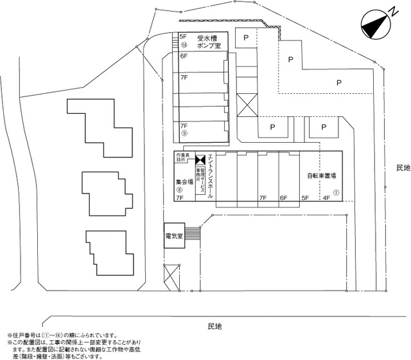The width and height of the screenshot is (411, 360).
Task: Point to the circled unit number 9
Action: tap(184, 134)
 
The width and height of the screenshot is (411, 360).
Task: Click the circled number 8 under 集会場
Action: tap(180, 190)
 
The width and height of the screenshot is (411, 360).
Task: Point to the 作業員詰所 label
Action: tap(184, 157)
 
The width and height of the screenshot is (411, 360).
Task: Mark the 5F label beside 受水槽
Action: tap(183, 37)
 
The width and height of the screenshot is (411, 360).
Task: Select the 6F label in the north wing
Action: tap(184, 57)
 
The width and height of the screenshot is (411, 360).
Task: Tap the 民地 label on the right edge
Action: tap(403, 168)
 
